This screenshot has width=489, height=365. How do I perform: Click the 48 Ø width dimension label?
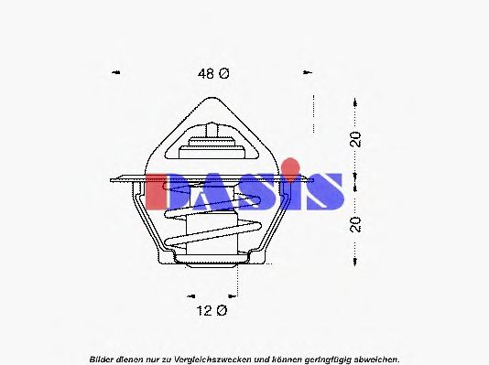pyautogui.click(x=212, y=72)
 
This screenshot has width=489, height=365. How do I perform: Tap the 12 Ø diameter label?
pyautogui.click(x=212, y=311)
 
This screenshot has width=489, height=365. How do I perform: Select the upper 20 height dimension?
pyautogui.click(x=356, y=139)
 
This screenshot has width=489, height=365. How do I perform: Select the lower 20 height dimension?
pyautogui.click(x=356, y=224)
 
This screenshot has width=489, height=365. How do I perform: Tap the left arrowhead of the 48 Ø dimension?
pyautogui.click(x=115, y=72)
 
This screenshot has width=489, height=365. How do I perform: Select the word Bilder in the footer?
pyautogui.click(x=104, y=358)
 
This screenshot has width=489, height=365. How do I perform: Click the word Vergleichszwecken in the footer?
pyautogui.click(x=214, y=358)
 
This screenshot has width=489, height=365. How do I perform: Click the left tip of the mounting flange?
pyautogui.click(x=111, y=179)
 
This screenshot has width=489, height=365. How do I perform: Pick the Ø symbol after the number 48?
pyautogui.click(x=223, y=72)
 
